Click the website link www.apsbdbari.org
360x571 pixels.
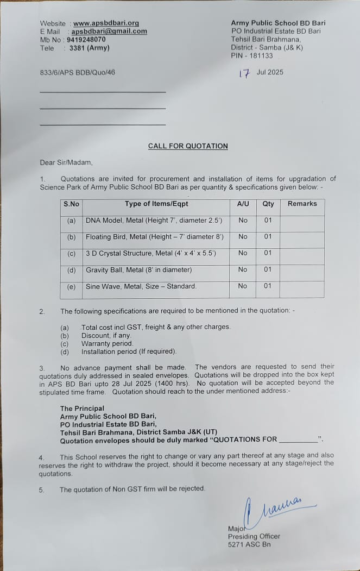point(106,23)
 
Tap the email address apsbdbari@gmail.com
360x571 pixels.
point(109,32)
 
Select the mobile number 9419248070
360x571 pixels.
point(86,40)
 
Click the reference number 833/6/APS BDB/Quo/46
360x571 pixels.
point(77,72)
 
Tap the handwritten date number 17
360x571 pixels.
point(244,73)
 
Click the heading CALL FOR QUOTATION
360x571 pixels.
point(188,146)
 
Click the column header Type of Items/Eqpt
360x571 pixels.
point(156,204)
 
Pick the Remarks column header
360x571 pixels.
point(302,204)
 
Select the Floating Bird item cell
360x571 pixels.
point(154,237)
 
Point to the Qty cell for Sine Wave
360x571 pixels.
point(268,286)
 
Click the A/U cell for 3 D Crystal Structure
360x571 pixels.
point(243,253)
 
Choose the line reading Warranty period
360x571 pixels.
point(107,344)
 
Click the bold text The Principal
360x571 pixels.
point(82,409)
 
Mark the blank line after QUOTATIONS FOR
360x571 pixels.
point(298,440)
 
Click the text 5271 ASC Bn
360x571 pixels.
point(249,544)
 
